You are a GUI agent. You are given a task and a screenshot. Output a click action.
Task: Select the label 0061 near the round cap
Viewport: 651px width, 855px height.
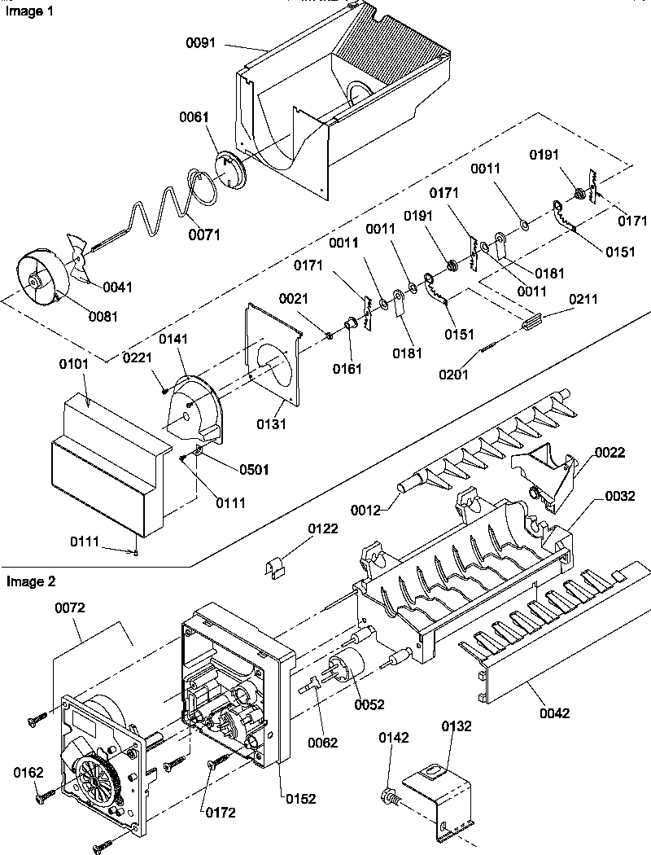[x=194, y=118]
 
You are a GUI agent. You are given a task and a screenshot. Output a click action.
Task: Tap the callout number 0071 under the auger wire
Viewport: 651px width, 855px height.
[x=204, y=235]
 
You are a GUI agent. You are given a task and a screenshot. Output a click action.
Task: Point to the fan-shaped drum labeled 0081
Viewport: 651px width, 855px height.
[x=41, y=282]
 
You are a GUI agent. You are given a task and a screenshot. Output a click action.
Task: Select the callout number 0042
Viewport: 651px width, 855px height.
[x=553, y=712]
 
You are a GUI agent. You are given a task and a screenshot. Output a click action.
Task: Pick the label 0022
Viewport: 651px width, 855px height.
[x=609, y=453]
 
